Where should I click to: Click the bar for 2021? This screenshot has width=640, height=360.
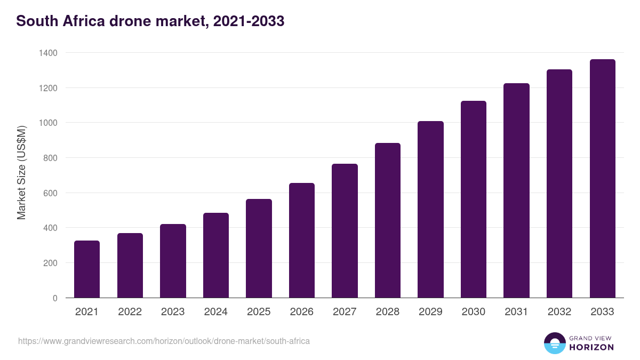87,269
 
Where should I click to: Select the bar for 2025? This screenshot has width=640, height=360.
259,249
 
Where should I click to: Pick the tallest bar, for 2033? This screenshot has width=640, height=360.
602,179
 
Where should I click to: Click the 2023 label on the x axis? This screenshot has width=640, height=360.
173,312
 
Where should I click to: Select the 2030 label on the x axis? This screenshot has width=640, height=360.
474,312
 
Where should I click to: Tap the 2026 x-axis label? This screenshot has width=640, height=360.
302,312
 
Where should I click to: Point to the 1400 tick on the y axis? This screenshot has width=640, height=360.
47,53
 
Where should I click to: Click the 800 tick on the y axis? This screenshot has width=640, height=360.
50,158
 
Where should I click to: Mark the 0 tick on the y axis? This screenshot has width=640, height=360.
55,298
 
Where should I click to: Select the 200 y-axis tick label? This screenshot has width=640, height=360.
50,263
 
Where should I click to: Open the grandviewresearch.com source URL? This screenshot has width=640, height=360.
164,341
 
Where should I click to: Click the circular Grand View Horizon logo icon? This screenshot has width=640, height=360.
554,343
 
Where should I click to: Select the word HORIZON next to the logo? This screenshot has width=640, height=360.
591,347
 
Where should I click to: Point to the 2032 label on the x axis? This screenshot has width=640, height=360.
559,312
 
